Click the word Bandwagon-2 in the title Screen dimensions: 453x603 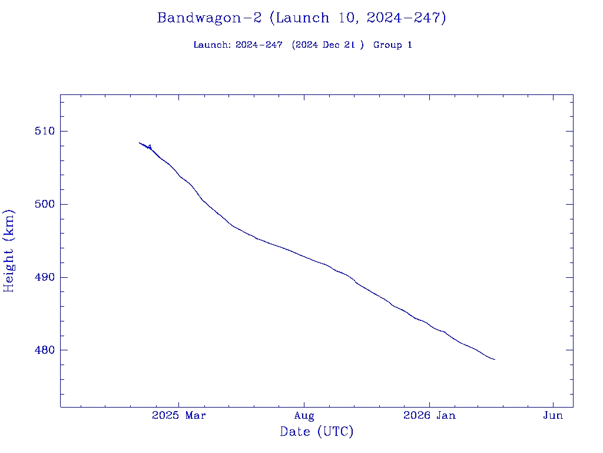(209, 18)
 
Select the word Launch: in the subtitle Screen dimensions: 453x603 (213, 45)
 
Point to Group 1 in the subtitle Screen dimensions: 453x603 (392, 45)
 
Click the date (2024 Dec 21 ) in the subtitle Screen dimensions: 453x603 (327, 45)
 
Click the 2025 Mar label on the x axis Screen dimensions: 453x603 (179, 416)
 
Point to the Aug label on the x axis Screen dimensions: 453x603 (304, 416)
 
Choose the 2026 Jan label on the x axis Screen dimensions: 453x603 (429, 416)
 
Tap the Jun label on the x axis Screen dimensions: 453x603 (553, 416)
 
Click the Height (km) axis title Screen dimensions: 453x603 (9, 251)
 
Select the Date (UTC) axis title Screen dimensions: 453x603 (317, 432)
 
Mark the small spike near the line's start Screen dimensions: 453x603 (150, 145)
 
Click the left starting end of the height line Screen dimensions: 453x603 (140, 143)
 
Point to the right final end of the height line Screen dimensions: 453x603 (495, 359)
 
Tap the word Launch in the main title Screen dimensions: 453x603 (302, 18)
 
